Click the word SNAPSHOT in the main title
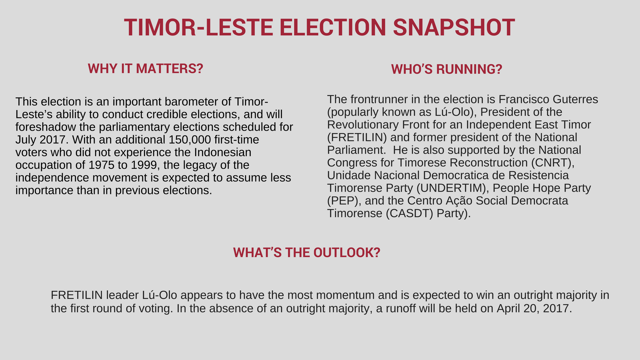click(454, 27)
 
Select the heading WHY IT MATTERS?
click(146, 69)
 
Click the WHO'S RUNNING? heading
click(447, 69)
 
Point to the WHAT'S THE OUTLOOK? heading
click(307, 253)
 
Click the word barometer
click(197, 102)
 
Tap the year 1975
click(101, 165)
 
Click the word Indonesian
click(223, 152)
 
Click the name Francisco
click(524, 99)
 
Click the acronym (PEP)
click(344, 201)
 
